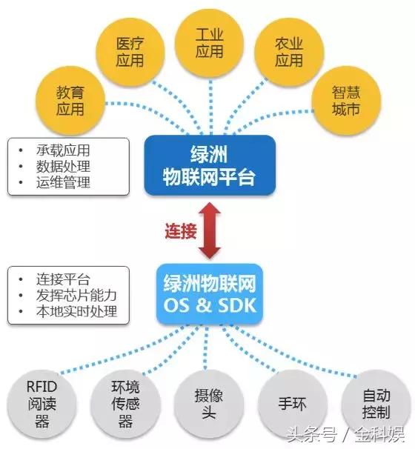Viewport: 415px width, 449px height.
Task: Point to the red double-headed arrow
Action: pos(210,231)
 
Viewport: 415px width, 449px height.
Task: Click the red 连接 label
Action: pos(179,230)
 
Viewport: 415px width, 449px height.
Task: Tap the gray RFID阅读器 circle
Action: pos(41,403)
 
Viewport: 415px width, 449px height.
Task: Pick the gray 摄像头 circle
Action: pos(208,403)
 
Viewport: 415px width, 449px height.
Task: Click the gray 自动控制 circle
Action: pos(371,403)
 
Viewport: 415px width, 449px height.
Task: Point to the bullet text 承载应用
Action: pos(62,148)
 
